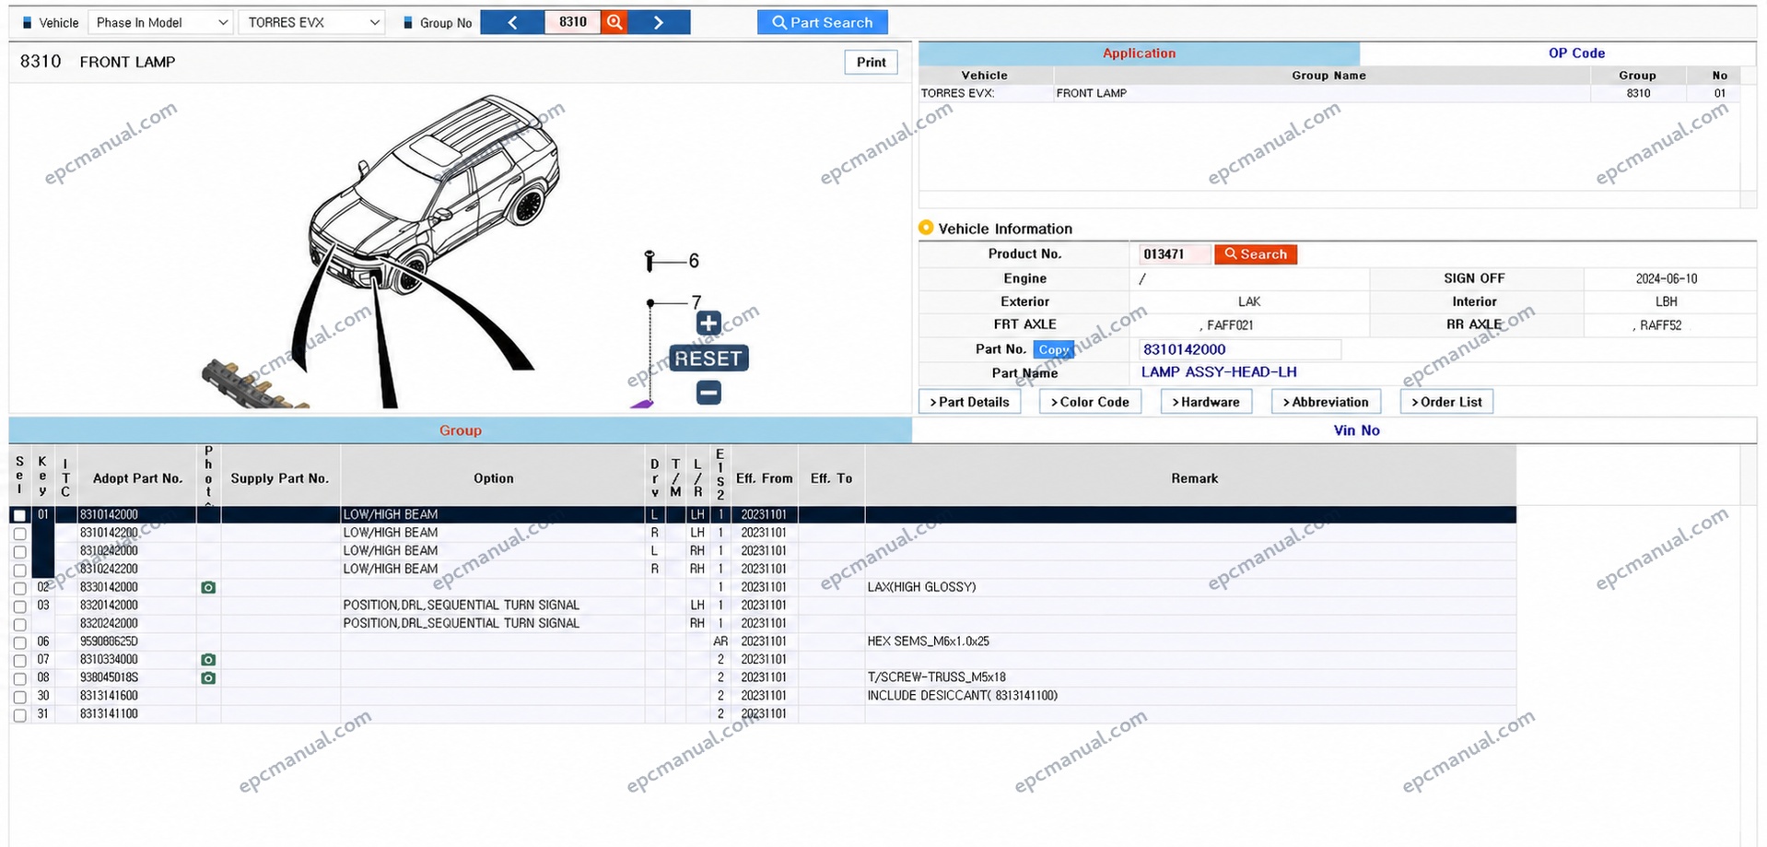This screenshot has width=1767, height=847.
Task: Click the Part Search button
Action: pos(822,22)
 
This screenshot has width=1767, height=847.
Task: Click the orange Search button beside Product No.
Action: pos(1255,254)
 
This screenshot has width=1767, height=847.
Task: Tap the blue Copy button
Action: pos(1053,349)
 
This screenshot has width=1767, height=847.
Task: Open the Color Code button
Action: pos(1090,402)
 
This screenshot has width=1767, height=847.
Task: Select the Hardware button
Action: pos(1206,402)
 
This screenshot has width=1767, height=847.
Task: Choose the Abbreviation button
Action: pos(1326,402)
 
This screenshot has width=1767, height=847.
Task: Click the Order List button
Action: pos(1446,402)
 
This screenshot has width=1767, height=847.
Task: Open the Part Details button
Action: pos(969,402)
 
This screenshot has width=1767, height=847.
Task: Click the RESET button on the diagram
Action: pos(708,359)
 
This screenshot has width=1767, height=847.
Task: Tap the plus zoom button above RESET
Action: pos(708,323)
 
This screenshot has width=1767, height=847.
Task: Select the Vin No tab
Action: pos(1356,430)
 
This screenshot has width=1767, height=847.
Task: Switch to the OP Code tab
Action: pos(1575,53)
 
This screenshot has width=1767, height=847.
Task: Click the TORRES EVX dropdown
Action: pos(311,22)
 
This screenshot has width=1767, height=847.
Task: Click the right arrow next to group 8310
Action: pos(659,22)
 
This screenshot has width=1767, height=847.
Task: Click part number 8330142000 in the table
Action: pos(109,587)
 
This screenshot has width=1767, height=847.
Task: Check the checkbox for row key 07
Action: pos(19,661)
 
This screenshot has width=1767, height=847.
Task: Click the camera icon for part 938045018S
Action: pos(208,678)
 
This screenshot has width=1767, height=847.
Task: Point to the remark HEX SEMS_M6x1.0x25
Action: pos(928,641)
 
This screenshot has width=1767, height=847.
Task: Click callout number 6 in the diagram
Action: pos(694,261)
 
